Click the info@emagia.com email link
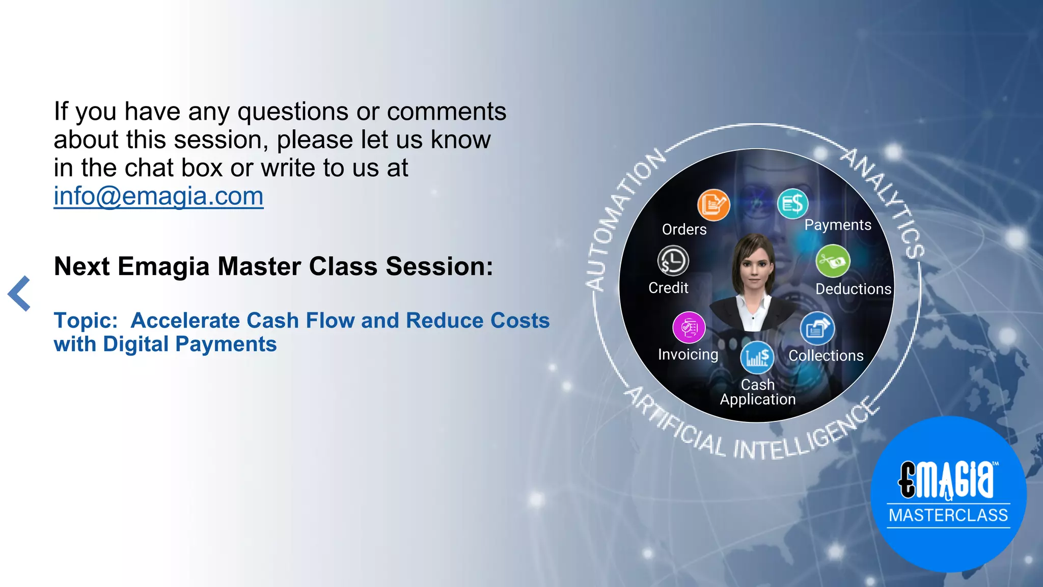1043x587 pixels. click(158, 196)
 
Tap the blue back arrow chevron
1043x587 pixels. click(19, 293)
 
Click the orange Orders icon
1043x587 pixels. click(713, 205)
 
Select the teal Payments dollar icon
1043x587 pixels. click(792, 204)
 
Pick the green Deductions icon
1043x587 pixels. click(833, 261)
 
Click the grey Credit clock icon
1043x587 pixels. click(673, 261)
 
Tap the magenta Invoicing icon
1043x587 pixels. click(689, 327)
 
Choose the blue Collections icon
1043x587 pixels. click(817, 328)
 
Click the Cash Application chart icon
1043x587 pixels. click(757, 357)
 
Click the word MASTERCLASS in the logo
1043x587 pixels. click(948, 515)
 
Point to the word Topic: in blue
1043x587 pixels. click(86, 321)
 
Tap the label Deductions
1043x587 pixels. click(853, 289)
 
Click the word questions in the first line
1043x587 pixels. click(293, 112)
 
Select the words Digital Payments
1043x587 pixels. click(189, 344)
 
